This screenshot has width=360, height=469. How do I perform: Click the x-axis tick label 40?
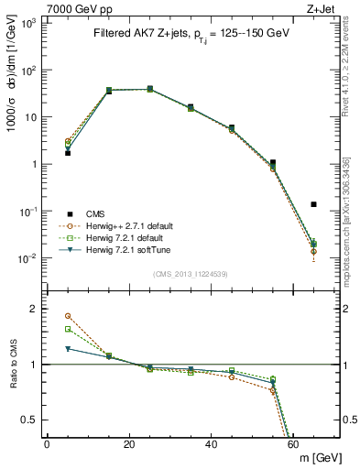pos(212,444)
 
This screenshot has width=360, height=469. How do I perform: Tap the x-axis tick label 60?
pos(294,444)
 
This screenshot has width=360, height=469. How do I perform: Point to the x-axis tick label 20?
pos(129,444)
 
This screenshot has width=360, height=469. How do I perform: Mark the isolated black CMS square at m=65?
pos(314,204)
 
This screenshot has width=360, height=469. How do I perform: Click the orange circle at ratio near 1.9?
pos(68,316)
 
